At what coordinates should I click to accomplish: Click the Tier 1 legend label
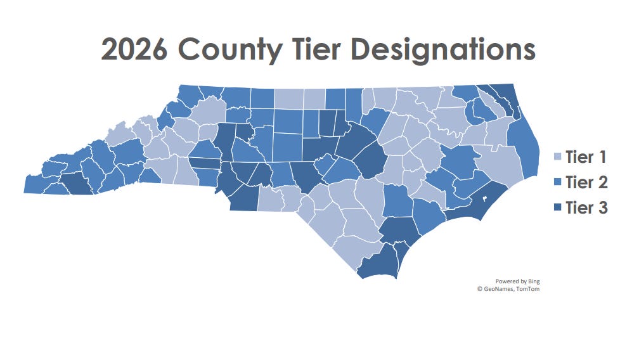coord(586,158)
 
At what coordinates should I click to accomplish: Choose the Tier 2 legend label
coord(586,183)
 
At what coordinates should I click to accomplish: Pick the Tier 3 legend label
coord(586,207)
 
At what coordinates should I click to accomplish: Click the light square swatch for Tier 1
coord(558,158)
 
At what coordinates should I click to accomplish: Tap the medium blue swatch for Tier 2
coord(558,183)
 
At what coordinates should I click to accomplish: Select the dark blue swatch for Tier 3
coord(558,207)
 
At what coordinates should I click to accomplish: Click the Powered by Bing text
coord(517,281)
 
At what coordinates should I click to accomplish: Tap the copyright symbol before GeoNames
coord(480,289)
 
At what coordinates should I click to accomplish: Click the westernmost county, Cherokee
coord(38,184)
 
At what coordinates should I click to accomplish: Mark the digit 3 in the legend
coord(603,207)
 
